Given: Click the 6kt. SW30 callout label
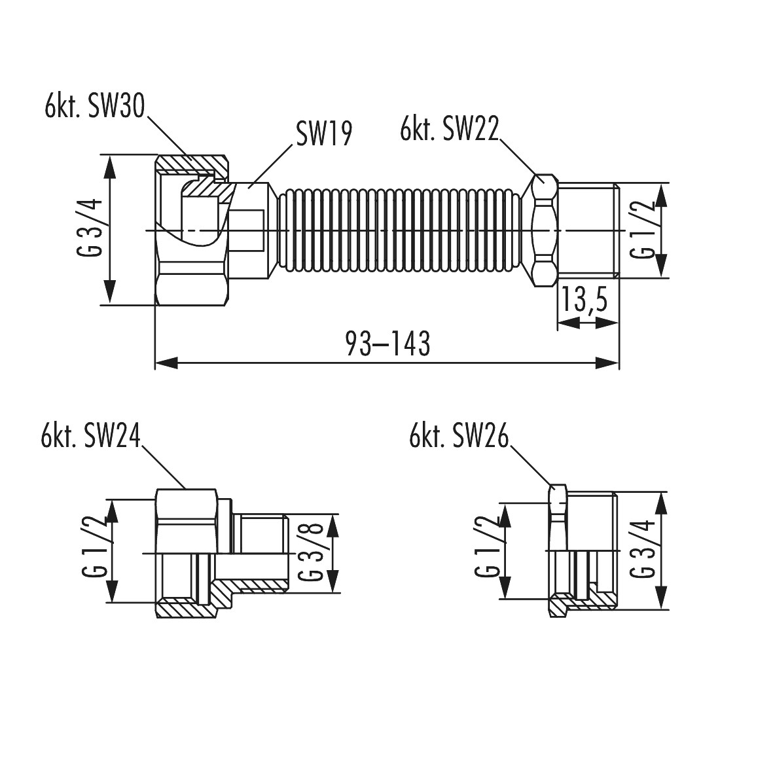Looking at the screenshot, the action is point(95,106).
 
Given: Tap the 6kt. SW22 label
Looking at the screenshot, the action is point(450,129).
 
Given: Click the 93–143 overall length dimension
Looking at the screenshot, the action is point(388,343).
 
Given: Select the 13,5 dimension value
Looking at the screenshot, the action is point(584,300).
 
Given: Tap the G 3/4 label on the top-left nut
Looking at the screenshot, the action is point(90,228).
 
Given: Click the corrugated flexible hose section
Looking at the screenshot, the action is point(399,230).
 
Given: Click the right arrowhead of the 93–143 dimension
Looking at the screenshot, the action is point(608,364).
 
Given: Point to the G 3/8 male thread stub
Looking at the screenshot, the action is point(261,553).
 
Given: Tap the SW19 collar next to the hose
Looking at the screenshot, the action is point(251,230).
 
